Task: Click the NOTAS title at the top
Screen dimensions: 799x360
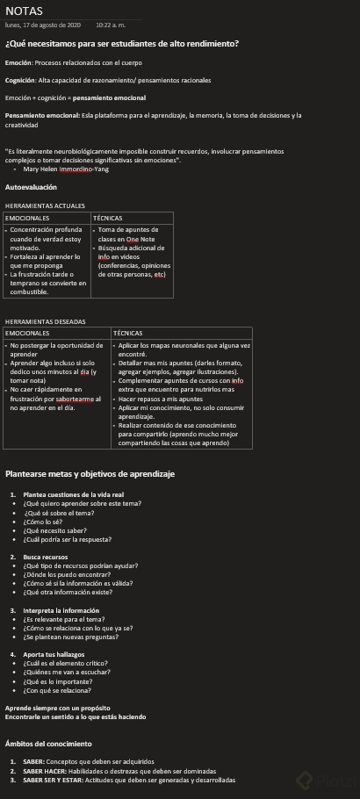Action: [24, 11]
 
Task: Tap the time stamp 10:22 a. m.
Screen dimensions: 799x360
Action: [111, 25]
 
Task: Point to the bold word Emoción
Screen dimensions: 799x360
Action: [18, 63]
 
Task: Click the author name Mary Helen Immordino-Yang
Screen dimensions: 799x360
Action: [67, 169]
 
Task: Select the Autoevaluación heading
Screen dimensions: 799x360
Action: [31, 187]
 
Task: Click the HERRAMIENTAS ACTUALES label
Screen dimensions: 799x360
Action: [45, 205]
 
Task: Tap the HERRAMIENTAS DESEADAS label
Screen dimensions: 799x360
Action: [46, 321]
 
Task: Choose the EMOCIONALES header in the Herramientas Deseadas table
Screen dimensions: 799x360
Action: [29, 334]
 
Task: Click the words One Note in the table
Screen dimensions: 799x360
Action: [140, 239]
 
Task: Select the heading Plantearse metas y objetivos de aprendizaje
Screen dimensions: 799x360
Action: [90, 474]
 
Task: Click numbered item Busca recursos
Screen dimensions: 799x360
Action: [45, 557]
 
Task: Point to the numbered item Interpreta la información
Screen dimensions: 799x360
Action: [61, 610]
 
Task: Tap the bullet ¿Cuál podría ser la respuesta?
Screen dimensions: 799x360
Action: [68, 540]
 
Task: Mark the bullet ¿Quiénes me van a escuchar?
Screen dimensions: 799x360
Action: [67, 672]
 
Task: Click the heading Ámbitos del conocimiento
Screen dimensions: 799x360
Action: [48, 744]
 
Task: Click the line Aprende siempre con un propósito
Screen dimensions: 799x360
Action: [58, 708]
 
